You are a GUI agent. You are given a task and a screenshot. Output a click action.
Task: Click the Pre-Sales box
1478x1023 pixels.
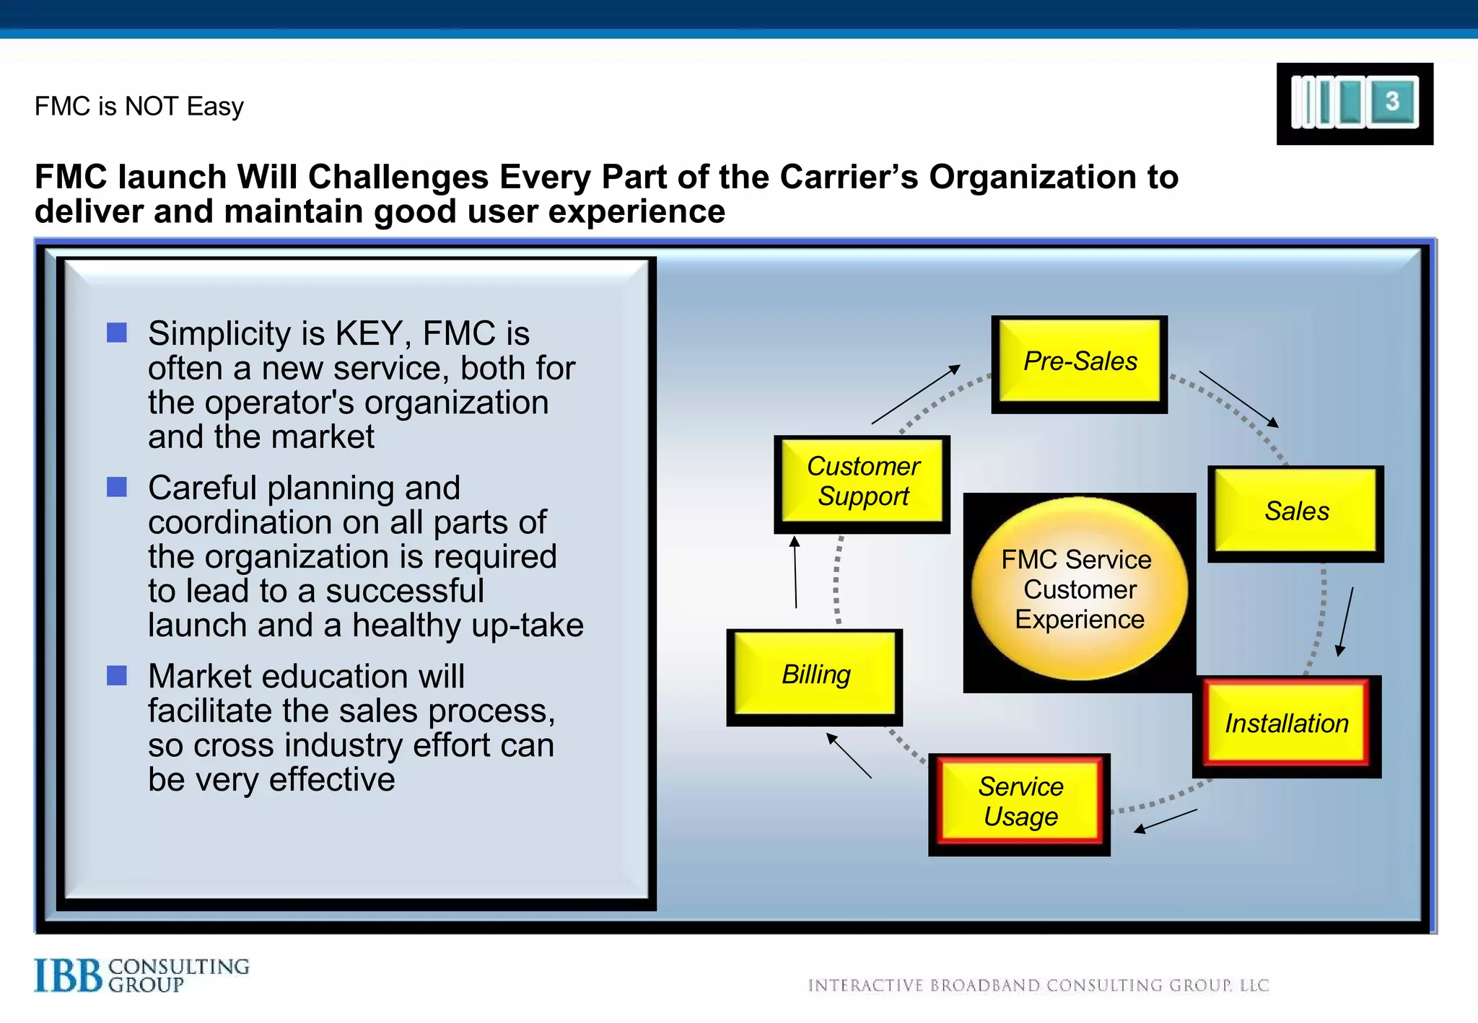pos(1079,362)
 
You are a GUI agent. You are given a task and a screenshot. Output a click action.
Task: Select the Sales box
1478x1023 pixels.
pos(1295,512)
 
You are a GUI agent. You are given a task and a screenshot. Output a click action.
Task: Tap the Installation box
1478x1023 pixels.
pos(1286,724)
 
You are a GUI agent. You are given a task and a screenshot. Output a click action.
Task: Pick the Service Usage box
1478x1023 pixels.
pos(1019,802)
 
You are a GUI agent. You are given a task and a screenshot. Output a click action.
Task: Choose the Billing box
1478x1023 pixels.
pos(815,675)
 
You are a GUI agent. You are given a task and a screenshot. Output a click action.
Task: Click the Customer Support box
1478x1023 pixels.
pos(862,482)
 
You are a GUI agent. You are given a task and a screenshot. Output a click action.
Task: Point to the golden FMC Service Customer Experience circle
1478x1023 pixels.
pos(1079,589)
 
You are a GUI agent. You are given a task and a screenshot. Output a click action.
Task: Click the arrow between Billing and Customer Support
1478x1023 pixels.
pos(795,572)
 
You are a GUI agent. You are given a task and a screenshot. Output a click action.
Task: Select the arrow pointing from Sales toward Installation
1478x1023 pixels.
pos(1346,621)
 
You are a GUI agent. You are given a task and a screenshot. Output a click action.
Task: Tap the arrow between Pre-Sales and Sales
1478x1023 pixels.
pos(1238,399)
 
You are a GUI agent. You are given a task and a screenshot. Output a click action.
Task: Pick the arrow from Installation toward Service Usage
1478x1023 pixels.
pos(1165,821)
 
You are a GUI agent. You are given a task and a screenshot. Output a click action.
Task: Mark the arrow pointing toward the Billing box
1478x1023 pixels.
pos(849,755)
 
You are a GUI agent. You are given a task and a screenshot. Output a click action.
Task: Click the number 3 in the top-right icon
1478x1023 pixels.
pos(1392,101)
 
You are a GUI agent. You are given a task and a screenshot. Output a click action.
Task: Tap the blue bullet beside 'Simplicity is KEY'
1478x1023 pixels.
pos(117,333)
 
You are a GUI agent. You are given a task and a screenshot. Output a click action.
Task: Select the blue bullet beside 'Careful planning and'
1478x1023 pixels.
pos(117,487)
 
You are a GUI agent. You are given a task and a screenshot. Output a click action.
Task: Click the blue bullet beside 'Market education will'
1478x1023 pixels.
pos(117,675)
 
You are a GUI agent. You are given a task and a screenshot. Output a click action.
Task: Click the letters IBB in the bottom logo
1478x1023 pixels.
pos(69,976)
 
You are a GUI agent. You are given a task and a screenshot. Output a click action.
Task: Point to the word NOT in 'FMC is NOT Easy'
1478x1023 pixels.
pos(151,107)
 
